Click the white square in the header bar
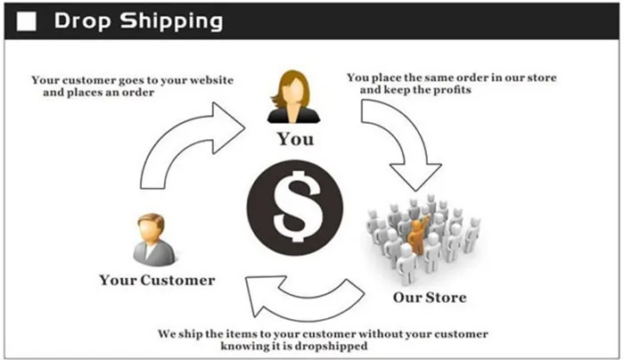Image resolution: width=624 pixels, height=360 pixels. point(27,20)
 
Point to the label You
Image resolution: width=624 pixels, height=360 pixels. point(295,139)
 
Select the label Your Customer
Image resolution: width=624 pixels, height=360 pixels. point(157,280)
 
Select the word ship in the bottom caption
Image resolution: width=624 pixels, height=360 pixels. point(200,333)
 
